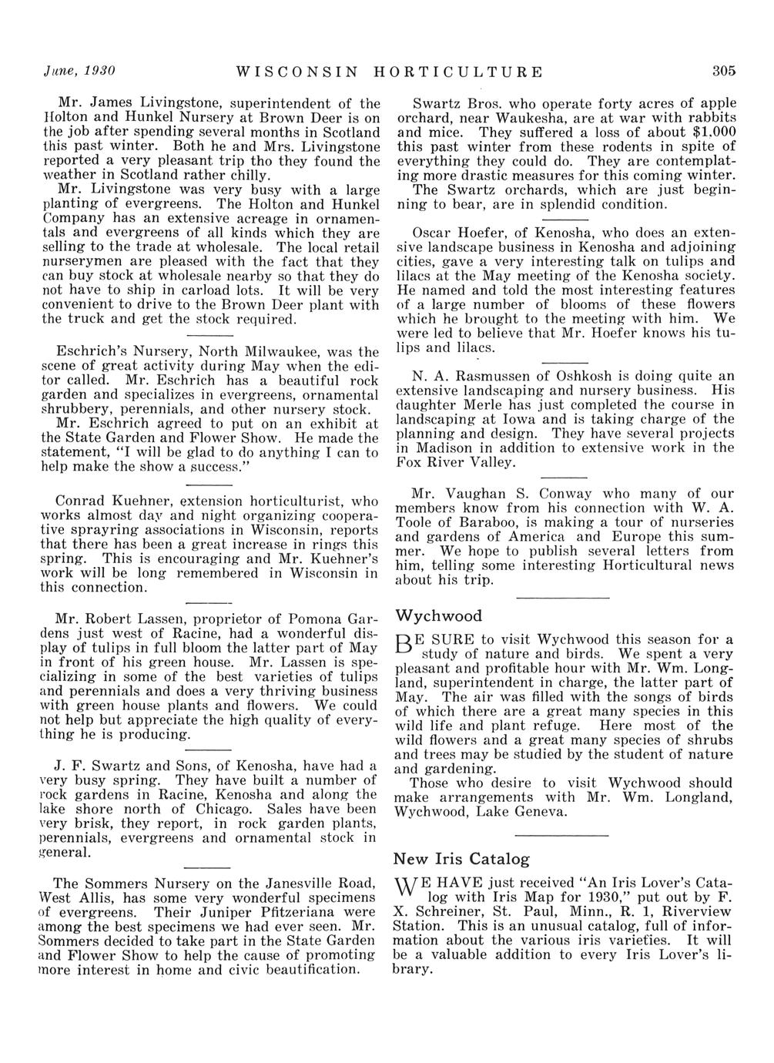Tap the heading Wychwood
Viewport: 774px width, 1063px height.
[438, 615]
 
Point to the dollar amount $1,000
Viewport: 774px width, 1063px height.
[712, 132]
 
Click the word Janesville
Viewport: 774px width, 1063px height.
[256, 883]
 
